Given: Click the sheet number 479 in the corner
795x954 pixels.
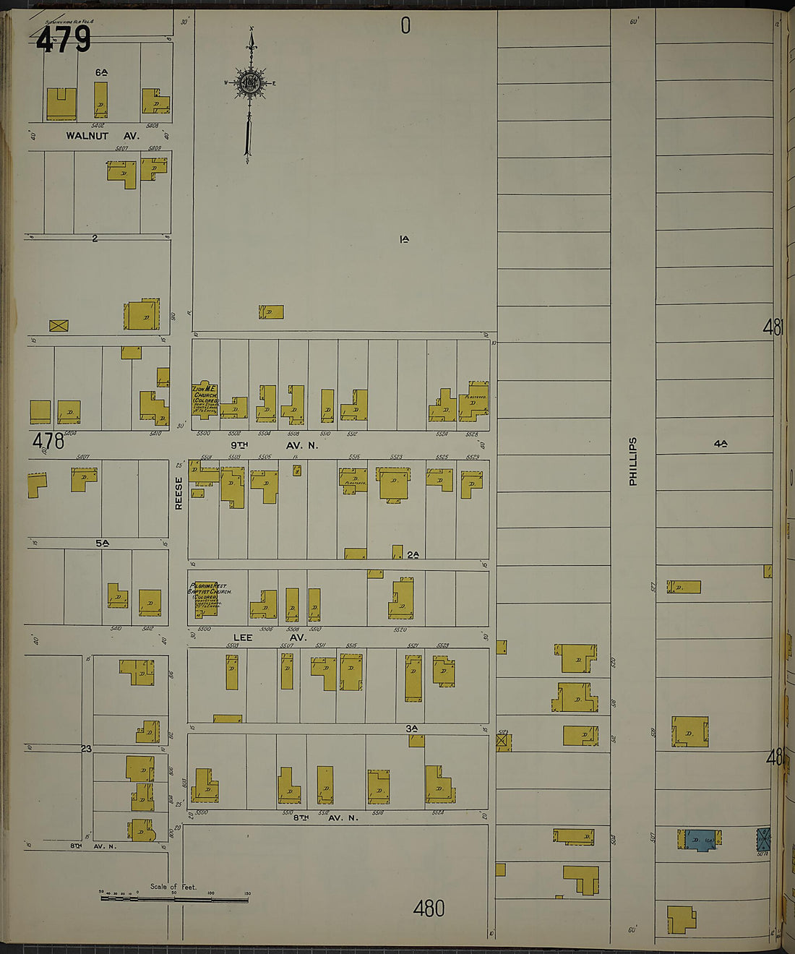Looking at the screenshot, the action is [64, 40].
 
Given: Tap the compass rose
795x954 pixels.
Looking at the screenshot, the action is [250, 82].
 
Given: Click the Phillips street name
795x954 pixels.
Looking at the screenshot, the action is [633, 461].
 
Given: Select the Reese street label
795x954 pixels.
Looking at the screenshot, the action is [179, 493].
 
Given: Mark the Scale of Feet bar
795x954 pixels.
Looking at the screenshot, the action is [173, 899].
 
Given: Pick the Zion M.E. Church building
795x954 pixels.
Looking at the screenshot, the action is [205, 400].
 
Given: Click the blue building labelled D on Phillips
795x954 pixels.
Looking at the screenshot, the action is [698, 840].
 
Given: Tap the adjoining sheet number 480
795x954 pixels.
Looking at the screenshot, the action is [429, 908].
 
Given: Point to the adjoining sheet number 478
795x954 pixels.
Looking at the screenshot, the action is [48, 440].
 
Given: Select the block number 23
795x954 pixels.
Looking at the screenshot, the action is [86, 749].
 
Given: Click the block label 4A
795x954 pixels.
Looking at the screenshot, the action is [720, 444].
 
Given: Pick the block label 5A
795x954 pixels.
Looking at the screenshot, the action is [101, 543].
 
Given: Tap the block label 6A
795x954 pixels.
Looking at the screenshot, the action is [101, 72].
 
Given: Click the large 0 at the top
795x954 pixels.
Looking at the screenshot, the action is [405, 26].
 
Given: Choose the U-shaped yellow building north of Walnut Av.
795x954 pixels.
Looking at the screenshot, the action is [61, 104].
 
